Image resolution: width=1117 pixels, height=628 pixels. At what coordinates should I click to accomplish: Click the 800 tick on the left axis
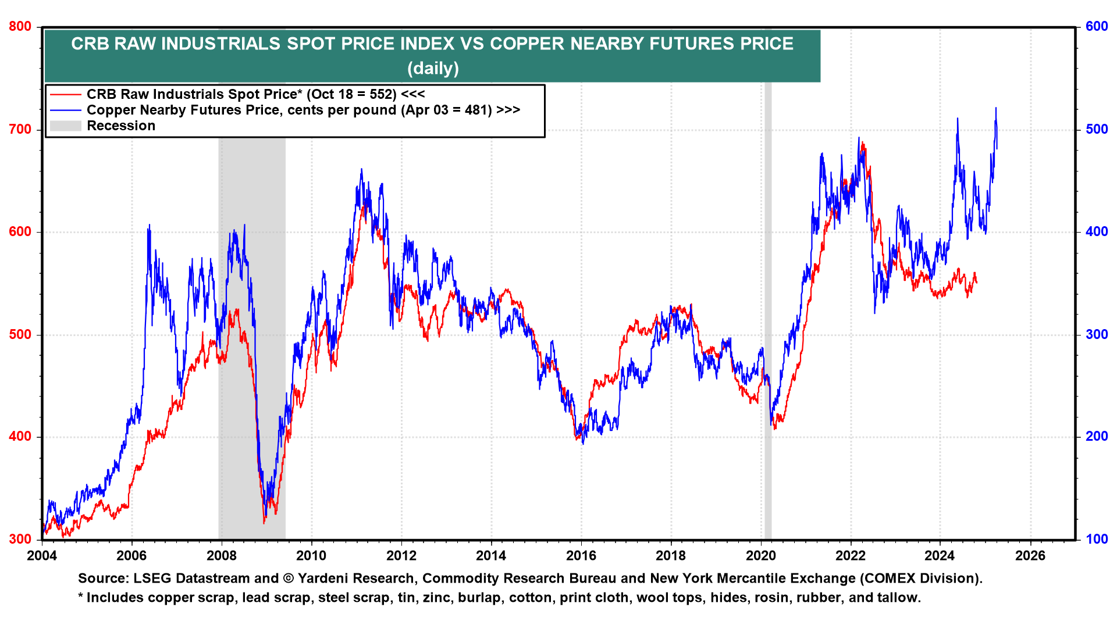point(20,27)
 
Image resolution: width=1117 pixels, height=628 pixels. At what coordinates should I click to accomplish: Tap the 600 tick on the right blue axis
point(1097,27)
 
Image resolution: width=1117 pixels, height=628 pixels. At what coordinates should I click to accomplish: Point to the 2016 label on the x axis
point(581,556)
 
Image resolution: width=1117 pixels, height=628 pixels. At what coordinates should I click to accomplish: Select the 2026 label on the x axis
point(1030,556)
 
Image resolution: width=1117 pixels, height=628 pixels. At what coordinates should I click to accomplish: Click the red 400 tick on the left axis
point(20,437)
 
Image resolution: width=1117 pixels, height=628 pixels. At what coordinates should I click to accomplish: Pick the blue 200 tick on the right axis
point(1097,437)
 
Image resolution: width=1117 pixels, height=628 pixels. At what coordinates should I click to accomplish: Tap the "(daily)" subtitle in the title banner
point(433,69)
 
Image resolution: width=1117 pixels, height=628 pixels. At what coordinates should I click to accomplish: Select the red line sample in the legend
point(65,94)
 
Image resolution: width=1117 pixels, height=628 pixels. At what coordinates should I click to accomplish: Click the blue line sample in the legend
point(65,110)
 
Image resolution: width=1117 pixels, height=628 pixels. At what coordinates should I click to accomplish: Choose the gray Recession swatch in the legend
point(65,126)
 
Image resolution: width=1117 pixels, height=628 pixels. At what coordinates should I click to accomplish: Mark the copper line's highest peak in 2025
point(996,108)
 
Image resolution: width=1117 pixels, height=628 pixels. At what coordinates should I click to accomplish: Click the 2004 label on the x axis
point(42,556)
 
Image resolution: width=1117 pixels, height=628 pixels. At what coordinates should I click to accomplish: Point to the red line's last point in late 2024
point(976,283)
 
